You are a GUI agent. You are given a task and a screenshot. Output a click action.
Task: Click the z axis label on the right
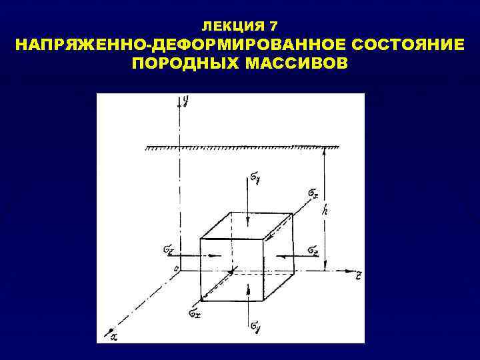358,273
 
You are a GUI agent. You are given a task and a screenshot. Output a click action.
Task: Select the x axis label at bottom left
113,337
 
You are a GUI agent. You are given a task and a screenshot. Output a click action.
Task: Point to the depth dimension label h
325,209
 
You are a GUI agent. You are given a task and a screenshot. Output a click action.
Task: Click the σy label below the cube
256,327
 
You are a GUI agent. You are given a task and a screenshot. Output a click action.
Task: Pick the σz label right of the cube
313,249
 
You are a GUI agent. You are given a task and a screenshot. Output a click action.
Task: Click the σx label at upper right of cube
313,193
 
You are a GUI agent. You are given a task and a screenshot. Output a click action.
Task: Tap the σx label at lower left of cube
193,311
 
